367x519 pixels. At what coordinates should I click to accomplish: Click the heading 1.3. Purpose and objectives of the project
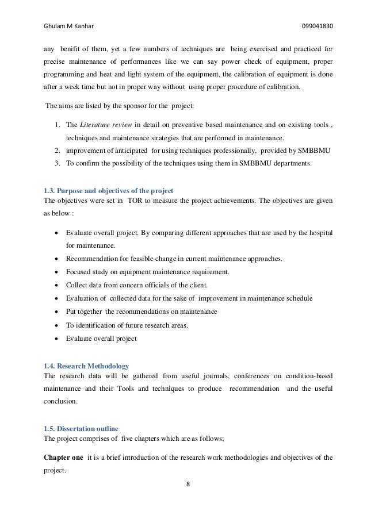point(109,190)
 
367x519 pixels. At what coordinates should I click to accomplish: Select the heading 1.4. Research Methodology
point(87,366)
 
